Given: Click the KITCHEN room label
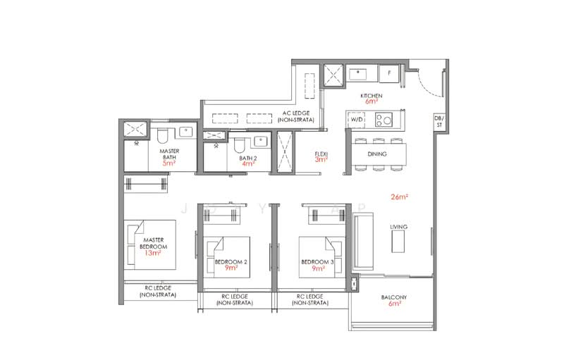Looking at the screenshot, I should coord(371,95).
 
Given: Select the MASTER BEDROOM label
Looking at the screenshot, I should coord(153,242).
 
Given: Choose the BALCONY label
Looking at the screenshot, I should coord(395,297).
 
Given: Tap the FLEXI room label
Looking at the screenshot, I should coord(321,155).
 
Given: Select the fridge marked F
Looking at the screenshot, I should coord(388,73).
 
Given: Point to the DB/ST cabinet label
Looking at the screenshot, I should coord(439,121).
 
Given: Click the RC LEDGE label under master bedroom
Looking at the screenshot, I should coord(158,291).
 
